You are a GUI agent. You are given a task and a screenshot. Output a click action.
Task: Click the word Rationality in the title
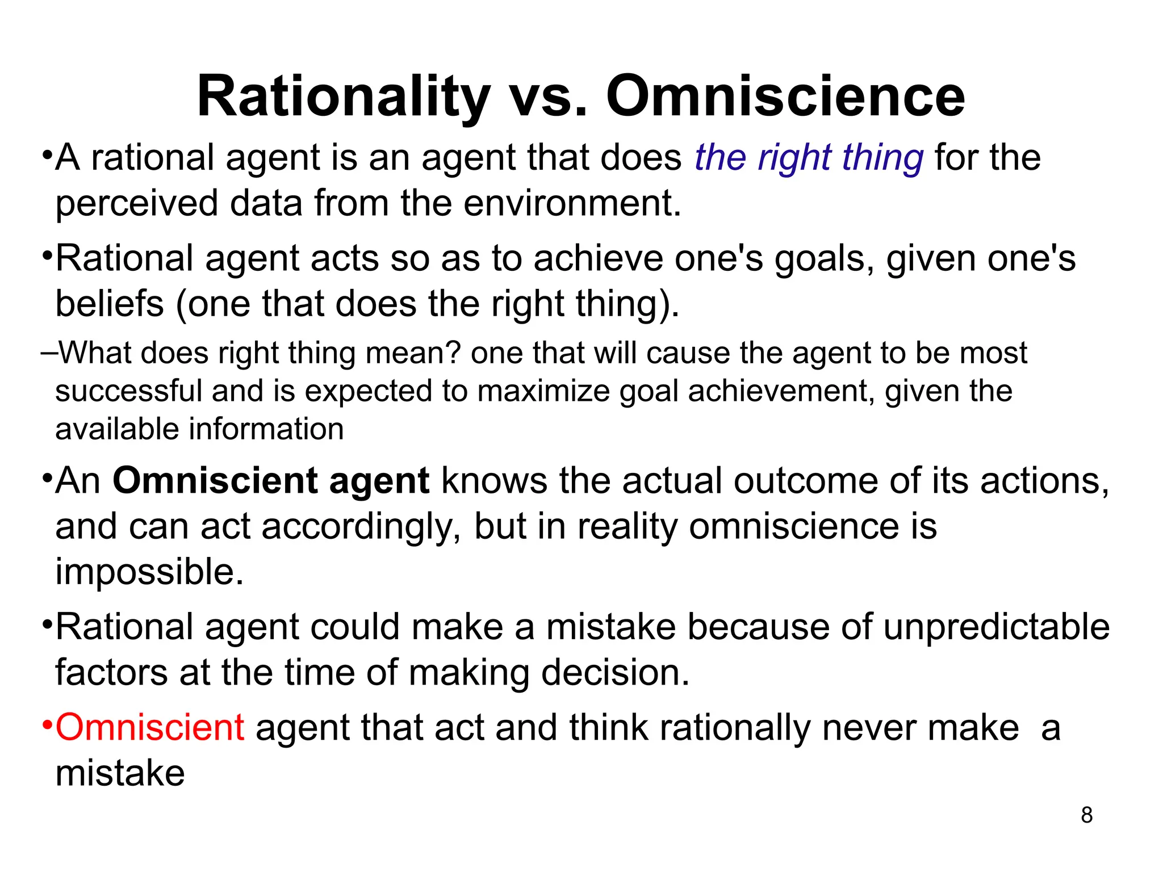(343, 98)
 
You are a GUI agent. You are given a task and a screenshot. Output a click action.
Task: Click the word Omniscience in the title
(785, 98)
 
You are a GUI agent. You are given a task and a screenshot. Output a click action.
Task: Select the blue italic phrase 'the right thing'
(809, 158)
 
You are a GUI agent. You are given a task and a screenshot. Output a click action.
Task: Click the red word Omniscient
(150, 728)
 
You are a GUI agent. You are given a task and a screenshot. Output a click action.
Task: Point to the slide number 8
(1086, 815)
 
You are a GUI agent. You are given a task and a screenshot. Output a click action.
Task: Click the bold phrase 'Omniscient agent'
(271, 481)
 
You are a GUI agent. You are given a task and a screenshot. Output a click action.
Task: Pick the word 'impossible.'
(149, 572)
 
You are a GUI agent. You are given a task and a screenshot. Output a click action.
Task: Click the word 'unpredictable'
(996, 627)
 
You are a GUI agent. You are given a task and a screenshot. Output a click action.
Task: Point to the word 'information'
(266, 429)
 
